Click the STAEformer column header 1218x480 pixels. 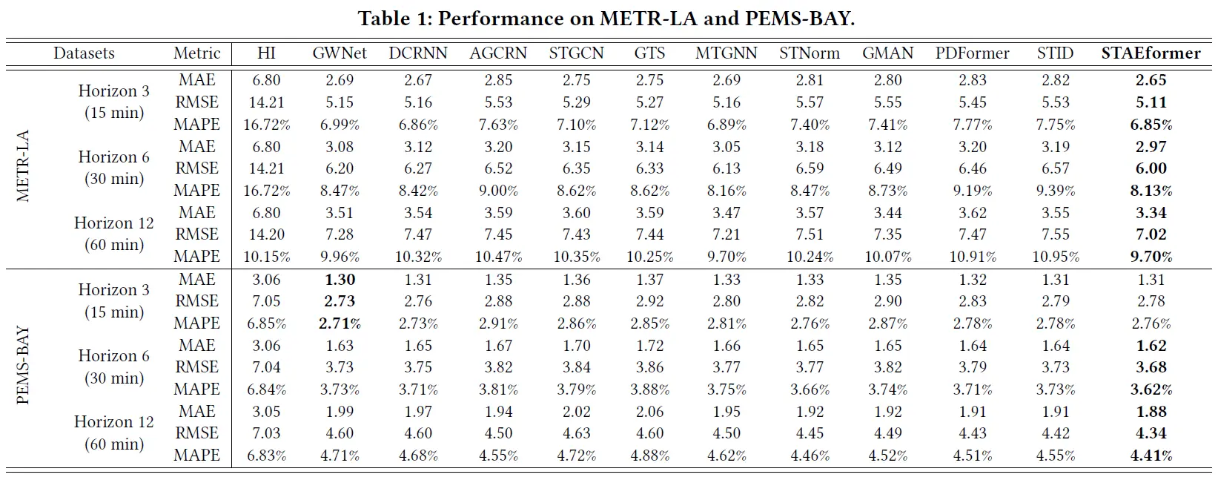click(1151, 53)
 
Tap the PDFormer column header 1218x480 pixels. click(972, 53)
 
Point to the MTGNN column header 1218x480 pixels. click(726, 53)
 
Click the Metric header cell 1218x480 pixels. click(196, 53)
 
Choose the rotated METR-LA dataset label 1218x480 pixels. click(24, 166)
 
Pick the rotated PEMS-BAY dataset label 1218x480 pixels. click(24, 366)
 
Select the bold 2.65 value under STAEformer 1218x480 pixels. click(1151, 80)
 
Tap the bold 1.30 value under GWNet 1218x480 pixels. click(340, 280)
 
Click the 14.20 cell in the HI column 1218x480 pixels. click(266, 234)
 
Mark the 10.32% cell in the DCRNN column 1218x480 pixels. click(418, 257)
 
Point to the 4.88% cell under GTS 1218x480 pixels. click(650, 456)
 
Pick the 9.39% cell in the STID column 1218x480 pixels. click(1055, 191)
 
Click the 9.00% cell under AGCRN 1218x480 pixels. click(498, 191)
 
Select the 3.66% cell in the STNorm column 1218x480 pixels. click(810, 389)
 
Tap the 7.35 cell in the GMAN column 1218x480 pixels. click(887, 234)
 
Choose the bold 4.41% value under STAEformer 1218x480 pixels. click(1151, 456)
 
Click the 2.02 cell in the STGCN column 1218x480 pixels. click(576, 412)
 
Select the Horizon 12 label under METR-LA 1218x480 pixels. click(114, 223)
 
